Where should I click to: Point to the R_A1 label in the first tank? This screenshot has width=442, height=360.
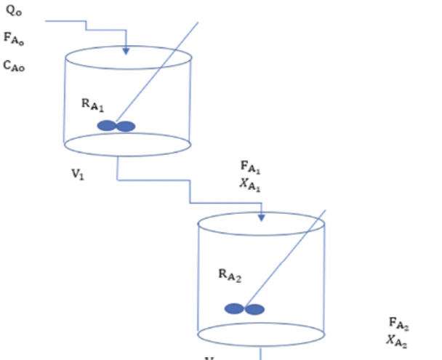click(x=94, y=105)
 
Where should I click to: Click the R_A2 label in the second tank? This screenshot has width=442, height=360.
click(x=230, y=275)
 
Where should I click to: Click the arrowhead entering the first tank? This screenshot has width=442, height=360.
click(x=126, y=51)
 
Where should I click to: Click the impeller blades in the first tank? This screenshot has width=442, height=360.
click(x=116, y=126)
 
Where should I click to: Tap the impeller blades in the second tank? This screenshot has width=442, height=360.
click(x=244, y=309)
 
